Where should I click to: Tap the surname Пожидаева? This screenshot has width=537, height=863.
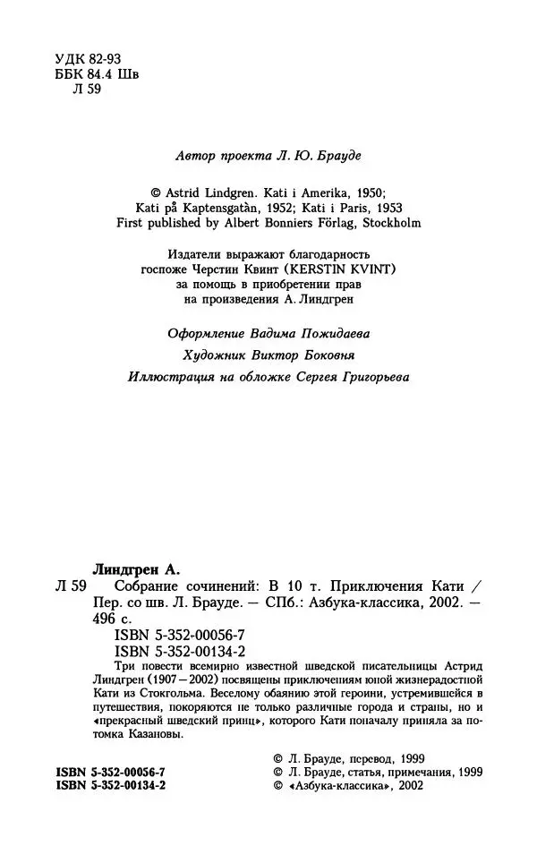323,333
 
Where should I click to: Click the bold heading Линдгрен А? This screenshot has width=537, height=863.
137,568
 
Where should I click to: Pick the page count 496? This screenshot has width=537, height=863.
106,619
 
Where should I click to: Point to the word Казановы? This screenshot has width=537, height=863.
153,734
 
